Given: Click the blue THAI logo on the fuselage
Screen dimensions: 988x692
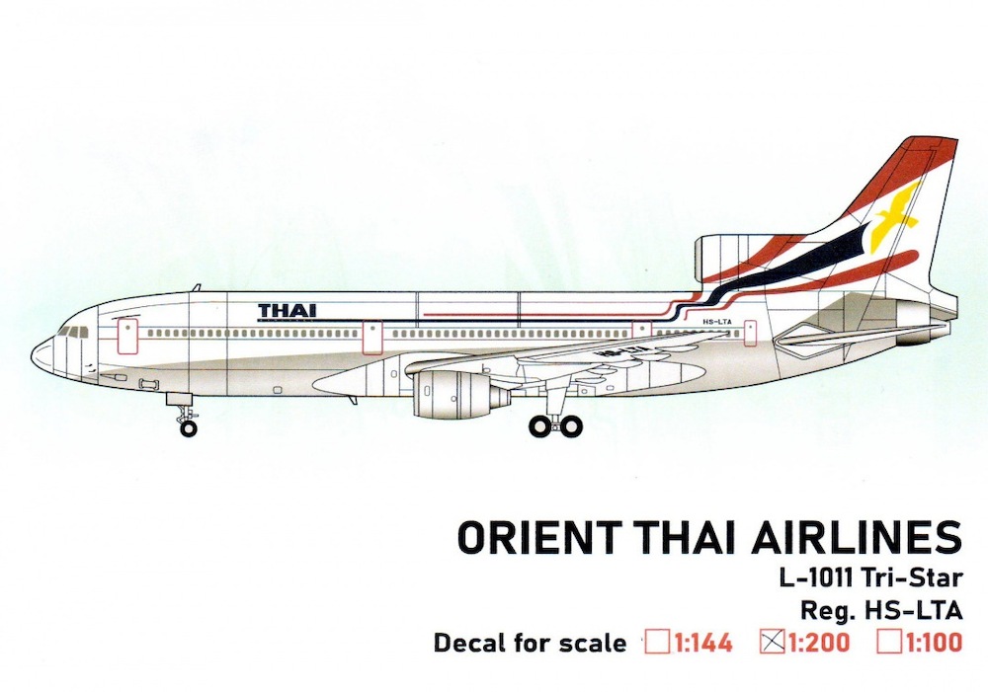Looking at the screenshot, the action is pos(288,310).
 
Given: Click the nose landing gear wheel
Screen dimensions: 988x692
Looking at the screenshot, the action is pos(188,428).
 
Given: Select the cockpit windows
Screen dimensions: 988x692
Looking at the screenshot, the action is pos(74,332).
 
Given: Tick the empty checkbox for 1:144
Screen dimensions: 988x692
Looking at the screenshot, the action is pos(658,643).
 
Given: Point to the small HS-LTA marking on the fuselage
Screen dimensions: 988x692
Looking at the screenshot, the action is pos(716,322).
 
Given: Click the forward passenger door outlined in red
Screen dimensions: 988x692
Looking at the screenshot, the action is pos(127,335).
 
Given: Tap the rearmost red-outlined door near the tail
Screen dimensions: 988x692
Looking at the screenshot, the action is pos(750,333).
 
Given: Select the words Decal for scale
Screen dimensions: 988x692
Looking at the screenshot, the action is pos(530,643).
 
